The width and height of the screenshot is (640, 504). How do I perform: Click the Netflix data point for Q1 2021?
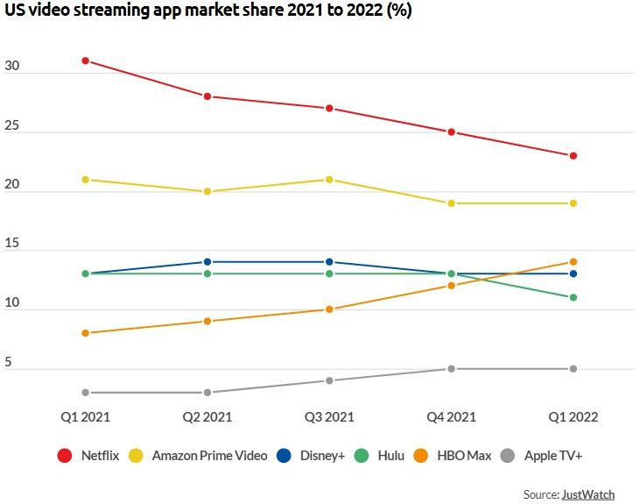tap(86, 60)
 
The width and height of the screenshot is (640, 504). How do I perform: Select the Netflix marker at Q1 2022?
tap(573, 156)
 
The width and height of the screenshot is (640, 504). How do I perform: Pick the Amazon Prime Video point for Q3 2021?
tap(329, 180)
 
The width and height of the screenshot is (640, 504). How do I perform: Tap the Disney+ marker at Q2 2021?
tap(207, 262)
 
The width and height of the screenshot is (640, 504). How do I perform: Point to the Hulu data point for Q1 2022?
tap(573, 297)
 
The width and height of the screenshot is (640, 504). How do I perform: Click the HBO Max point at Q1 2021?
tap(86, 333)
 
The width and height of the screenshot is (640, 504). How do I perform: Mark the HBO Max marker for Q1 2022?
tap(573, 262)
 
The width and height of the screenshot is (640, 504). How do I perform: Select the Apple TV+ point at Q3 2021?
tap(329, 380)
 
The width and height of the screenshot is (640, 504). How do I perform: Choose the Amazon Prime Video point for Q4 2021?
tap(451, 203)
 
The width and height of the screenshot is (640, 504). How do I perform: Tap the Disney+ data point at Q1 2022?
tap(573, 274)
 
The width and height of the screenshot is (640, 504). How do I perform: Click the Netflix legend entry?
tap(88, 456)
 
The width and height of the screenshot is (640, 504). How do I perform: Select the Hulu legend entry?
tap(382, 456)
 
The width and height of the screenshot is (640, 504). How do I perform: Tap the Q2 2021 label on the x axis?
tap(207, 417)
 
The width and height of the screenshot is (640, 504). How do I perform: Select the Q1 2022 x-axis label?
tap(573, 417)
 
